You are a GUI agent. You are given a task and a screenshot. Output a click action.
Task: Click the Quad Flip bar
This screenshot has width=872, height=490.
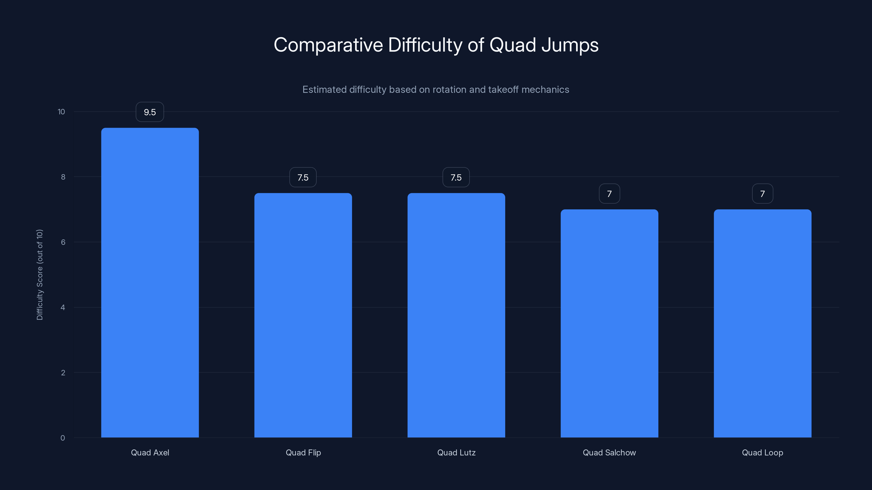pos(303,315)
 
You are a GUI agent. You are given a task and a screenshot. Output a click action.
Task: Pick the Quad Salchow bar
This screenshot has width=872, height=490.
pos(609,323)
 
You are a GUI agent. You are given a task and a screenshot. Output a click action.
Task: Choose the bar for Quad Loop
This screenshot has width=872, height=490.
pos(762,323)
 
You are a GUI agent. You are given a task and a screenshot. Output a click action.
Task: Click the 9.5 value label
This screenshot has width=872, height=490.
pos(150,112)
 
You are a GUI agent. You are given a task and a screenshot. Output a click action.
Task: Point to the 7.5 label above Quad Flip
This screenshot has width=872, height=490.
pos(303,177)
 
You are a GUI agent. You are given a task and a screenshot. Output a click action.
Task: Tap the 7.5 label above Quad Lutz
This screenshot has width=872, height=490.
pos(456,177)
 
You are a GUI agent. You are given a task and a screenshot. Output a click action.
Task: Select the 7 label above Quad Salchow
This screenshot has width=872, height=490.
pos(609,194)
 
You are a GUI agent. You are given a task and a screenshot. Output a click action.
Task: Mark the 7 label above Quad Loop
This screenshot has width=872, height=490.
pos(762,194)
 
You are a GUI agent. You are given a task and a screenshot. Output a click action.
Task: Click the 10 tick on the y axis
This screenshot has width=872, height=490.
pos(61,112)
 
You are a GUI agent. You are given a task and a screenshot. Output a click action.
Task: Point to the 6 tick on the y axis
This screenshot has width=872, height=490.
pos(63,242)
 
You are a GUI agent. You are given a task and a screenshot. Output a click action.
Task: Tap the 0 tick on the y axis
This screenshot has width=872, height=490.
pos(63,438)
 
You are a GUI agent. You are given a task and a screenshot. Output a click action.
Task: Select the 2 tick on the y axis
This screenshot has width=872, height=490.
pos(63,373)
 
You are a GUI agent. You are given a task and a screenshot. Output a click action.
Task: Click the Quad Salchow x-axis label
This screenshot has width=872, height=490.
pos(609,452)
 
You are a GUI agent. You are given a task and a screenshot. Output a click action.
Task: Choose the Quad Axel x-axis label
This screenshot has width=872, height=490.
pos(150,452)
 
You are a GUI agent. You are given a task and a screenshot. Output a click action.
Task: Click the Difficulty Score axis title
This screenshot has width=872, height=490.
pos(40,275)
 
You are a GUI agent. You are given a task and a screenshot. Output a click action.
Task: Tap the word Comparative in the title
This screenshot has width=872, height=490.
pos(328,45)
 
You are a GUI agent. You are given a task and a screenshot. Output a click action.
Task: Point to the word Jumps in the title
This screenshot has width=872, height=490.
pos(570,45)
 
